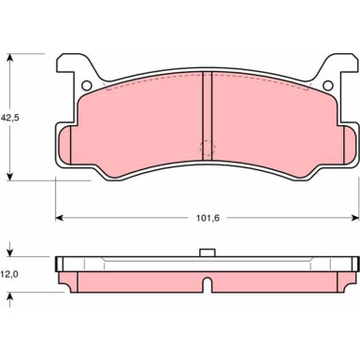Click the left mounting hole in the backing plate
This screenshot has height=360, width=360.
pyautogui.click(x=88, y=86)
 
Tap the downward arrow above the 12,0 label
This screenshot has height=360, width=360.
pyautogui.click(x=11, y=252)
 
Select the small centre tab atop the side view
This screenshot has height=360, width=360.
pyautogui.click(x=207, y=252)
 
